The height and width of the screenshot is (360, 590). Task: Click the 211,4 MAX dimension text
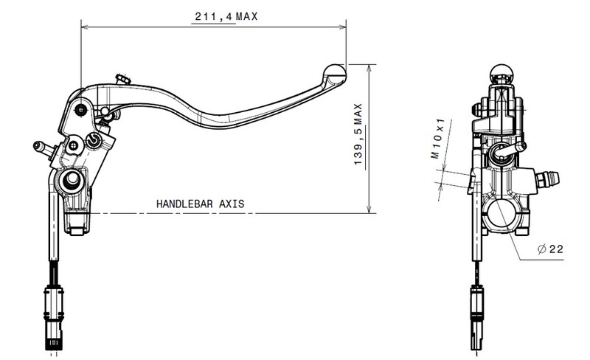coord(226,16)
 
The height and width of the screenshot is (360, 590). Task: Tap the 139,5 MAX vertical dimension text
coord(358,134)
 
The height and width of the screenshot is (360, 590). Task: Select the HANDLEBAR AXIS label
coord(200,204)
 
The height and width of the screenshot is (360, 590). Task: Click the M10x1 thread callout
coord(438,139)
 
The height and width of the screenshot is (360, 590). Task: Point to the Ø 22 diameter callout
coord(550,249)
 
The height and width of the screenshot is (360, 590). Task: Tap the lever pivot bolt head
coord(81,110)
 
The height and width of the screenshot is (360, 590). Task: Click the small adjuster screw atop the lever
coord(123,80)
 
